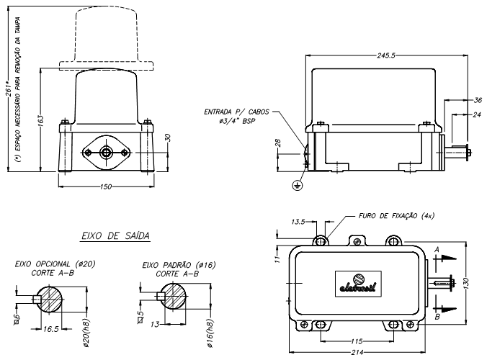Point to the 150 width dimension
coord(107,186)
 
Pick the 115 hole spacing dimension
coord(356,340)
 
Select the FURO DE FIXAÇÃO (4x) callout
coord(396,215)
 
